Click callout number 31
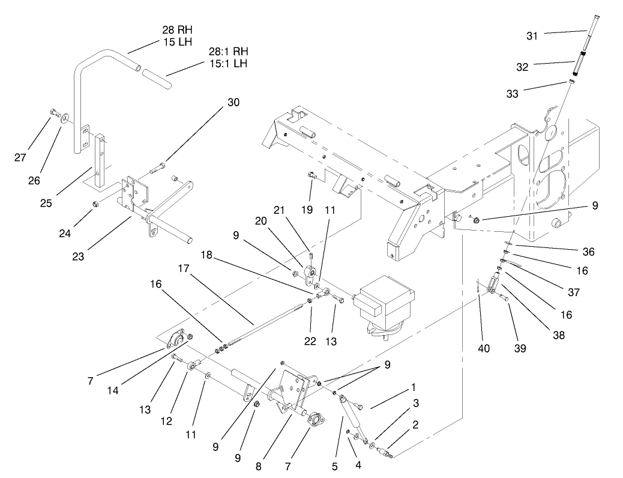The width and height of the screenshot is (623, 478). (x=532, y=35)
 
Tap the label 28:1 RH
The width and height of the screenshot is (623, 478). (x=227, y=52)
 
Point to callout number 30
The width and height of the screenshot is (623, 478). (x=233, y=103)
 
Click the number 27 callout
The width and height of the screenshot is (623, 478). (x=21, y=158)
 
